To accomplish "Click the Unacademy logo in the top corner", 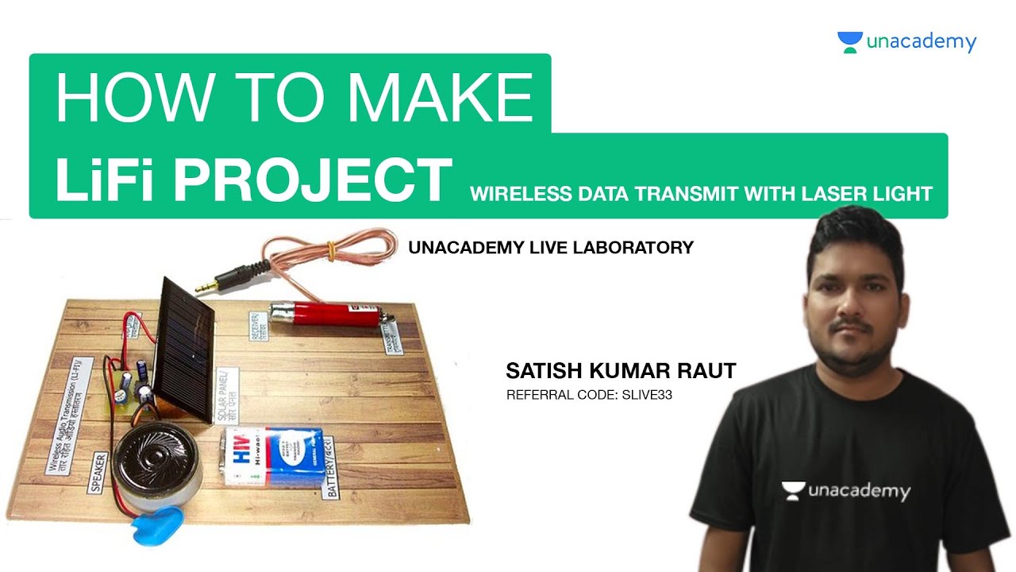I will pos(906,42).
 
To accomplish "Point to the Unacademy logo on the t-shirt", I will pos(845,491).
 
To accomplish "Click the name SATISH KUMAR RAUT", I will pos(621,371).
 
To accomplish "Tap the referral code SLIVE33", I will pos(645,393).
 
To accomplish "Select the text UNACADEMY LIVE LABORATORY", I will pos(551,248).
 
